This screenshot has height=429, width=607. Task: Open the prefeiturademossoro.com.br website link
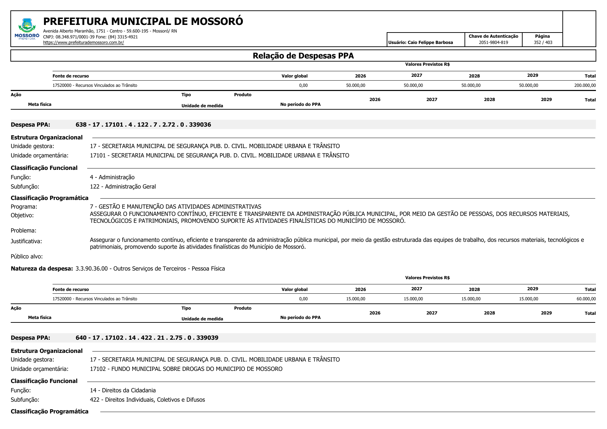[83, 43]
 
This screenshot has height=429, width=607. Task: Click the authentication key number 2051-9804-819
[493, 43]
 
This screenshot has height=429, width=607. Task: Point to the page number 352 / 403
[543, 43]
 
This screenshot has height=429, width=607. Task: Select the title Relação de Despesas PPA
[303, 56]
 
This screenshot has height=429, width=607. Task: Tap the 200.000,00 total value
[585, 85]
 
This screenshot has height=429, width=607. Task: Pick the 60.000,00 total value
[586, 299]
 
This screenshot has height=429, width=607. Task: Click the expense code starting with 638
[143, 125]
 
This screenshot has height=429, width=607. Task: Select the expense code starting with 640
[147, 338]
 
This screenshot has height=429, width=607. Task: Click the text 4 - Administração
[112, 177]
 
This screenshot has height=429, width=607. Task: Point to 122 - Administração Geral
[123, 186]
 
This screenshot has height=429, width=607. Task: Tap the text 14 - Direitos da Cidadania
[123, 390]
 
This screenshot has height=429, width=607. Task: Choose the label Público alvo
[27, 256]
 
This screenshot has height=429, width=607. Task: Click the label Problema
[24, 230]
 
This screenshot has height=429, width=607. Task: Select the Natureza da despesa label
[42, 268]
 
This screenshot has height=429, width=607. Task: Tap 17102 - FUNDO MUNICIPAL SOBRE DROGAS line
[186, 369]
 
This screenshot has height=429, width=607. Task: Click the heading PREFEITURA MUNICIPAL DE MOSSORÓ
[143, 21]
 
